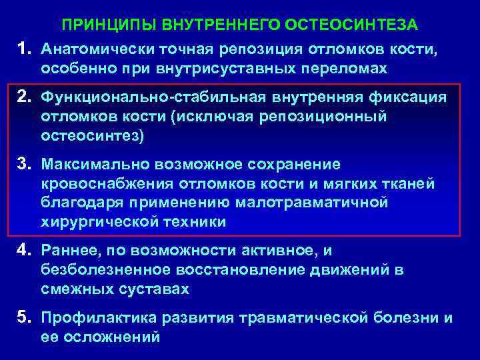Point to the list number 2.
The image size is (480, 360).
pyautogui.click(x=25, y=98)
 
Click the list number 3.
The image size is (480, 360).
pyautogui.click(x=25, y=163)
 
